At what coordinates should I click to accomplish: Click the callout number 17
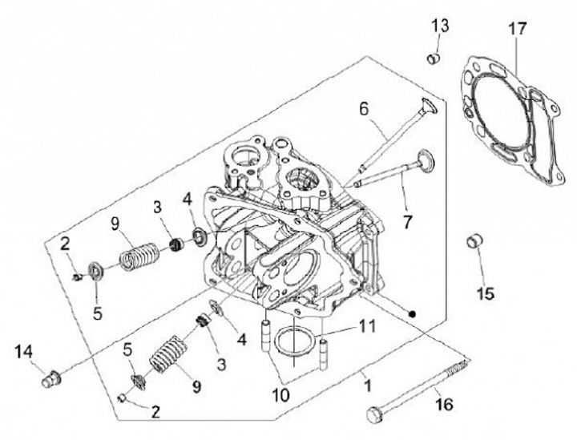coord(518,29)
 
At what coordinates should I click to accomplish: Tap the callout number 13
coord(440,26)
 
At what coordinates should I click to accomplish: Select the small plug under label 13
coord(434,59)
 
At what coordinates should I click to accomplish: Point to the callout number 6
coord(364,109)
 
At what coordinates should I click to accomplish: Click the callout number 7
coord(407,221)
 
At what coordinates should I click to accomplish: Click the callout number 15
coord(486,293)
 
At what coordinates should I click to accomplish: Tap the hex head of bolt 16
coord(375,414)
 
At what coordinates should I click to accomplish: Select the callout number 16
coord(444,404)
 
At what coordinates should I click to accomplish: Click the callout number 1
coord(367,386)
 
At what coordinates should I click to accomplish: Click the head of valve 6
coord(428,106)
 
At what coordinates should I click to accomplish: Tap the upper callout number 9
coord(115,224)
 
